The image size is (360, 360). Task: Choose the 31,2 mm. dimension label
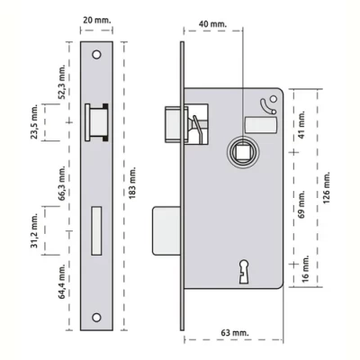click(x=35, y=231)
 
